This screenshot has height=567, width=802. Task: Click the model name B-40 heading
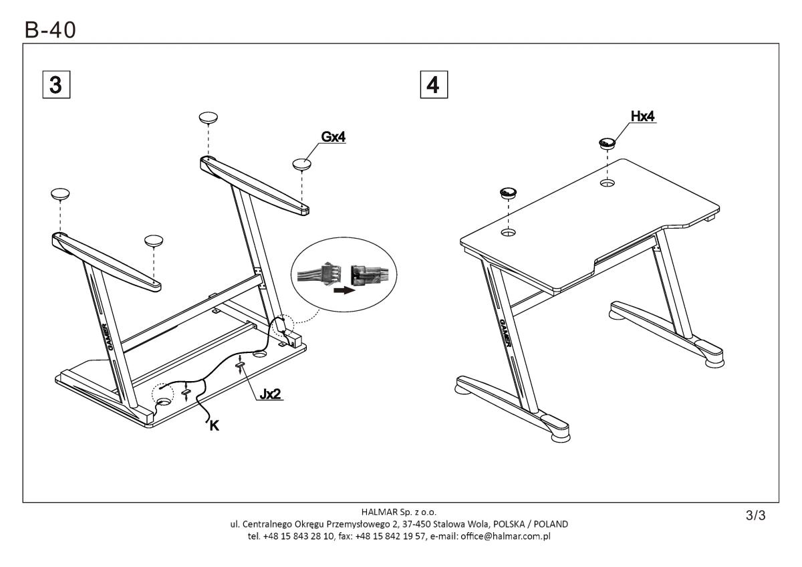(50, 30)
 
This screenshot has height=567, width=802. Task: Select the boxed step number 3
(56, 84)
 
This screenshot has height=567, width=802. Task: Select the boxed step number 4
(434, 84)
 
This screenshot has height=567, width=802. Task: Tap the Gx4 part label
(333, 137)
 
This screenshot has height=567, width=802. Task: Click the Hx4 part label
(642, 116)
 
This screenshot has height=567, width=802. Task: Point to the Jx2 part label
(270, 394)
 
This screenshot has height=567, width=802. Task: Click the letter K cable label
(214, 426)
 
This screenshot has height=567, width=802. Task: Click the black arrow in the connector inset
(344, 290)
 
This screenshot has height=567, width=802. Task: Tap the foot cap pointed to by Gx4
(301, 164)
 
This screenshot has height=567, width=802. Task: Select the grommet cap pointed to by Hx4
(607, 143)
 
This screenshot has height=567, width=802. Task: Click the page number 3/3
(755, 515)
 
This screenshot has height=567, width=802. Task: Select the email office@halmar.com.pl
(505, 536)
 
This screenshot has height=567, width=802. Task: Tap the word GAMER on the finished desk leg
(505, 333)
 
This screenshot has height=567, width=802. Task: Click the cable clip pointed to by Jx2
(240, 364)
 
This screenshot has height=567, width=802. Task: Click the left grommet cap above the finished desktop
(508, 193)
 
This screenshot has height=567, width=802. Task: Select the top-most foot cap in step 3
(209, 118)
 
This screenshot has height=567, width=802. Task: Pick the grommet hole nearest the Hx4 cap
(607, 183)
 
